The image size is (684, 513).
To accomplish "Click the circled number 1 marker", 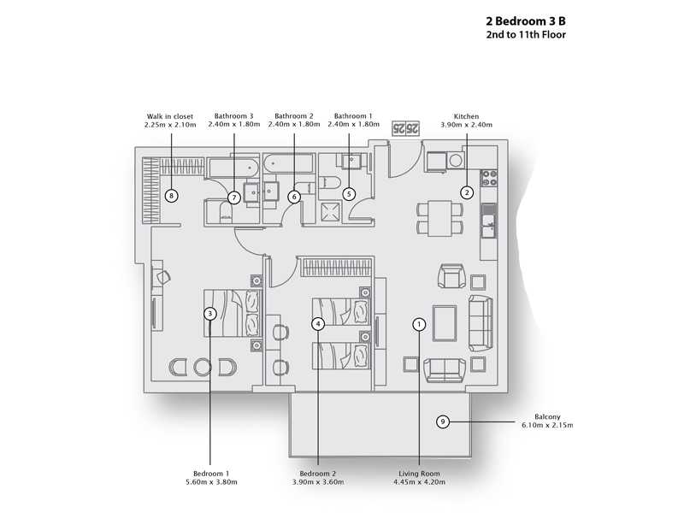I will point(419,324).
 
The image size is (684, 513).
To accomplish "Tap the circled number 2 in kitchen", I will point(467,192).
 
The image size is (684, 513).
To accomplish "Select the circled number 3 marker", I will point(209,314).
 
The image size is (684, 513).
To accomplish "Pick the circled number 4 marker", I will point(317,324).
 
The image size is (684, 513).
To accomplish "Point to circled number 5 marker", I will point(349,194).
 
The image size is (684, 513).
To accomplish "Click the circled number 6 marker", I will point(294,197).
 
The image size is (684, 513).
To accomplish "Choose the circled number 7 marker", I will point(233,198).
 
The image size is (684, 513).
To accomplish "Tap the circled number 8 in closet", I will point(172,196).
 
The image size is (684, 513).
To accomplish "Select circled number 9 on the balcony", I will point(442,422).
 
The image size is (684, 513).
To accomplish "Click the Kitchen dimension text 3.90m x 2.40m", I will point(466,125).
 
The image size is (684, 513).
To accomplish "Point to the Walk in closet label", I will point(170,116).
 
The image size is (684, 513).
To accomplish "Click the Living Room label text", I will point(419,474).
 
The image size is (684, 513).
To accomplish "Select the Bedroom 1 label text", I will point(210,474).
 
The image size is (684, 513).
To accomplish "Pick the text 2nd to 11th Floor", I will point(525,35).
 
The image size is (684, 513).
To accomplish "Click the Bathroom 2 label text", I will point(294,116).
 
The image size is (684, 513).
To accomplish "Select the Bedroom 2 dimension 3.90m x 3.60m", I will point(317,482).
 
